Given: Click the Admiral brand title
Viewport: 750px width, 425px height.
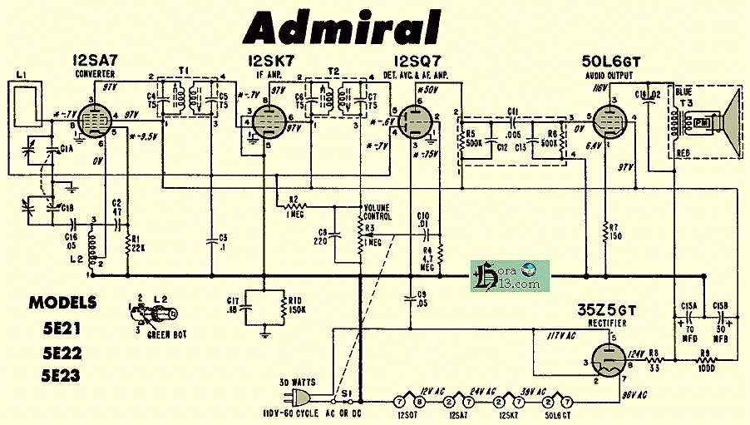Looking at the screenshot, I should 342,27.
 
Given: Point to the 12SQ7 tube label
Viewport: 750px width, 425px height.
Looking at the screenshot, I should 418,61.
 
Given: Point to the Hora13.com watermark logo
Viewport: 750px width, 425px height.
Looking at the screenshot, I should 506,275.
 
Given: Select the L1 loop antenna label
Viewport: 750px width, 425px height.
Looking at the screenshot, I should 22,77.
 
